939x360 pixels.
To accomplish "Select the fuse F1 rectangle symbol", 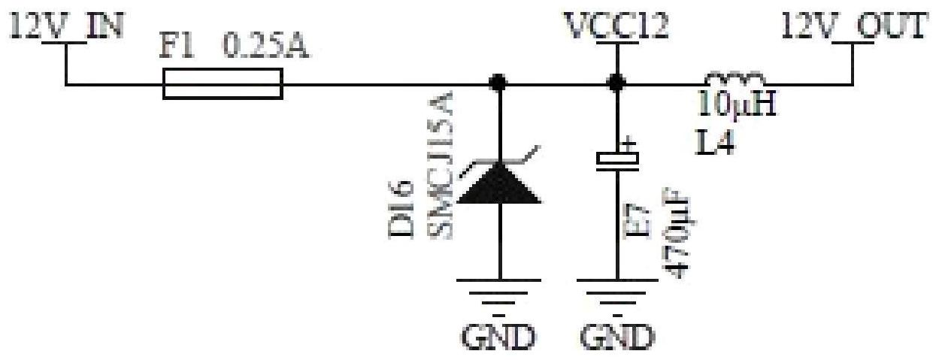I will [x=223, y=83].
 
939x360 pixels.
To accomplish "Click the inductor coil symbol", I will [x=735, y=79].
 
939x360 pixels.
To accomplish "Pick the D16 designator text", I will [x=403, y=211].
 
